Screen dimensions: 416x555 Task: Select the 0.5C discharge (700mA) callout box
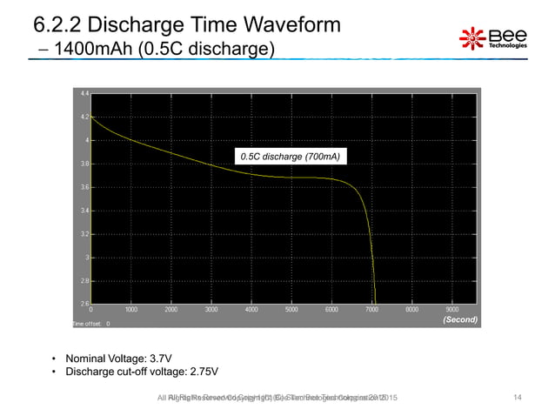(289, 157)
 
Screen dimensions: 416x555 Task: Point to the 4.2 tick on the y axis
(83, 116)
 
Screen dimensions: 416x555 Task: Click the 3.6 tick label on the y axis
(83, 187)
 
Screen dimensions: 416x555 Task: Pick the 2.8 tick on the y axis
(83, 281)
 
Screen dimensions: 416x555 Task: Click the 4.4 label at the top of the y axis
(83, 92)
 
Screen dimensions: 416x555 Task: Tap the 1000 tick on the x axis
(131, 309)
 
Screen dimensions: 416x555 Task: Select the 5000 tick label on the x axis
(291, 309)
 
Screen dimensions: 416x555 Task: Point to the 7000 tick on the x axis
(371, 309)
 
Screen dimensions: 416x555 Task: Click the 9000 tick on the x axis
(451, 309)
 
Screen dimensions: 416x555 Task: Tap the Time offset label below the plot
(87, 324)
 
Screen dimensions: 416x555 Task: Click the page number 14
(518, 398)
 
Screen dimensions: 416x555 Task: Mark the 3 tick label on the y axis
(84, 258)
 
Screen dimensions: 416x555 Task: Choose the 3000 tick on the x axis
(211, 309)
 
